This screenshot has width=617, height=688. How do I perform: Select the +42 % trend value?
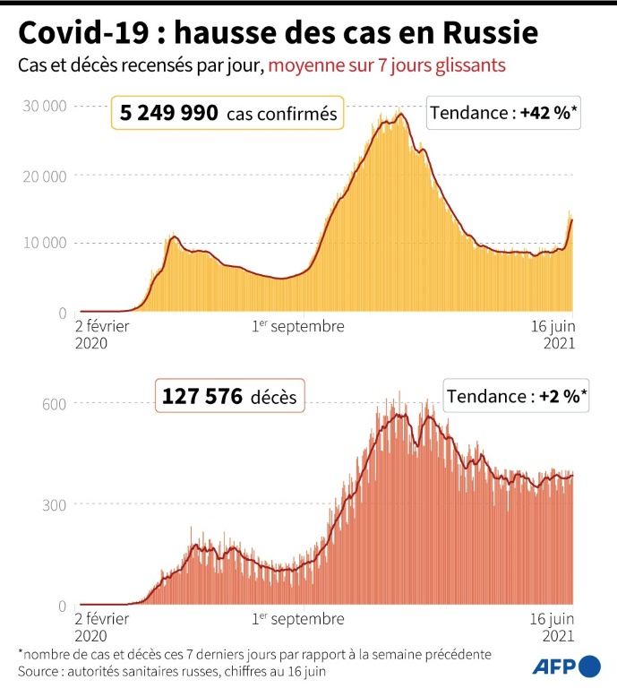[549, 114]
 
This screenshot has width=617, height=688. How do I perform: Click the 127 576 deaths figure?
[201, 395]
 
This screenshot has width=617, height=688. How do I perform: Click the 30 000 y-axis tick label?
[44, 106]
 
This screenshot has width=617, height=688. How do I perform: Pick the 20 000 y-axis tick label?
[44, 175]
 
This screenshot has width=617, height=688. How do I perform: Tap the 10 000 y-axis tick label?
[44, 243]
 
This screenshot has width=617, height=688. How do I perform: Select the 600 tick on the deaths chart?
[56, 403]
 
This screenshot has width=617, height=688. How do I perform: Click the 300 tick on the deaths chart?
[56, 504]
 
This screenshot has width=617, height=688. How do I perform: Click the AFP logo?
[554, 666]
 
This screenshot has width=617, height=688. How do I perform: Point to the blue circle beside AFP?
[590, 666]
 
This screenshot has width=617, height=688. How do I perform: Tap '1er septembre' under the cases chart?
[298, 327]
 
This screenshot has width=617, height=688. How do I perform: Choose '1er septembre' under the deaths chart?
[298, 619]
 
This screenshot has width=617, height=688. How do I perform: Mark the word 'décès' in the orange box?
[273, 396]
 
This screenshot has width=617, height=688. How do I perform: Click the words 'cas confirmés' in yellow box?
[281, 115]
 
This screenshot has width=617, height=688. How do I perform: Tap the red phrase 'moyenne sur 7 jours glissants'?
[387, 65]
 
